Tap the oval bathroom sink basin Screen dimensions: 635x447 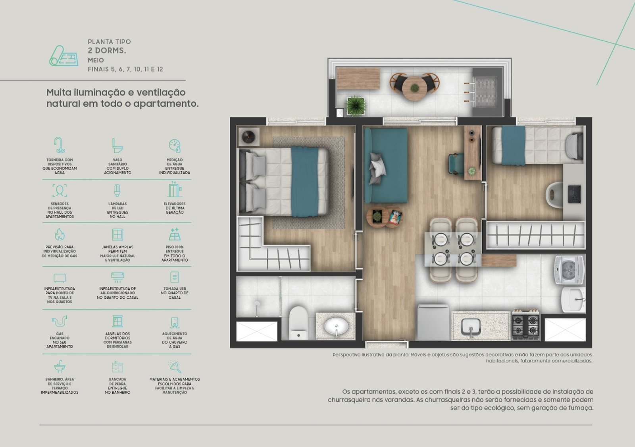[x=336, y=326]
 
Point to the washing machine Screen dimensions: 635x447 [x=569, y=269]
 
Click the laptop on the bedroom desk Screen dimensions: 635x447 [x=575, y=194]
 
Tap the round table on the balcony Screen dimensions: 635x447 [x=414, y=88]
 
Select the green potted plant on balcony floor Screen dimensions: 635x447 [x=356, y=106]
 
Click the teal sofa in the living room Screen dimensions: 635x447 [x=386, y=165]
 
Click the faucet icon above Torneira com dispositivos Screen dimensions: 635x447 [x=60, y=145]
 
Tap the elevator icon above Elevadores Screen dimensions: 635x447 [x=174, y=189]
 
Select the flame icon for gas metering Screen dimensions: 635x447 [x=60, y=234]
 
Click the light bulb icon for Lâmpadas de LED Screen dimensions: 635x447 [x=117, y=190]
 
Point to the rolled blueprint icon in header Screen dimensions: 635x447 [x=64, y=56]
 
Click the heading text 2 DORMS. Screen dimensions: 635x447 [x=107, y=51]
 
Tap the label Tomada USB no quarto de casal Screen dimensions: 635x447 [x=175, y=293]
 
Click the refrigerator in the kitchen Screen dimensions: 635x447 [x=433, y=322]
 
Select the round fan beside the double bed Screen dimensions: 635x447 [x=248, y=137]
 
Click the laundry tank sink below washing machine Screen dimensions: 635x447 [x=573, y=300]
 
